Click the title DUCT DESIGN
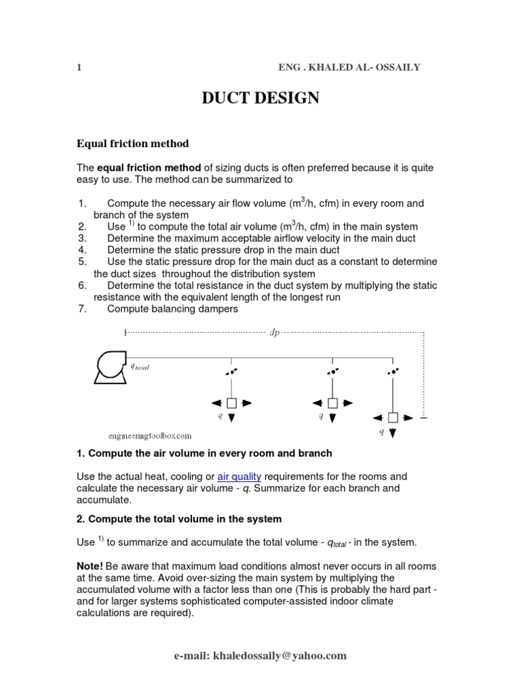coord(260,99)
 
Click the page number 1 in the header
coord(79,67)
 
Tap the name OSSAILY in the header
coord(397,67)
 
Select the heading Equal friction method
coord(132,144)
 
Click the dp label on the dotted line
coord(275,333)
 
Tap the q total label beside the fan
coord(140,367)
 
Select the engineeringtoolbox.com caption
coord(150,436)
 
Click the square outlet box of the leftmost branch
coord(231,403)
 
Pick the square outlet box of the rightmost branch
coord(392,417)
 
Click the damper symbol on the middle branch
coord(332,371)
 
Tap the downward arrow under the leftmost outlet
coord(231,418)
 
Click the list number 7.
coord(81,309)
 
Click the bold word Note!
coord(90,566)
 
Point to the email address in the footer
coord(260,655)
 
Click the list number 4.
coord(81,250)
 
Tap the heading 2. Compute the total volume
coord(179,519)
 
